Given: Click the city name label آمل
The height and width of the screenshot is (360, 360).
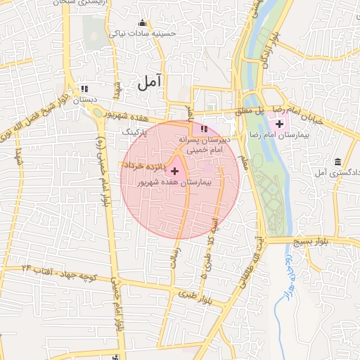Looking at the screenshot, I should pos(150,82).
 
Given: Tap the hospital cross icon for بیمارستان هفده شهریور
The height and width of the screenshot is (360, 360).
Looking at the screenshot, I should pos(174,171).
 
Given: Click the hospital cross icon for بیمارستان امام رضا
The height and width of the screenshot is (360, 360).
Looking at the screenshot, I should pos(280,124).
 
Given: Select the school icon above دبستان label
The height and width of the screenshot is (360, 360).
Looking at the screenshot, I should pos(84,89).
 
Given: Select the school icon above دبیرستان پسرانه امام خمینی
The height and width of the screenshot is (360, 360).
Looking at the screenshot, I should pos(204,129).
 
